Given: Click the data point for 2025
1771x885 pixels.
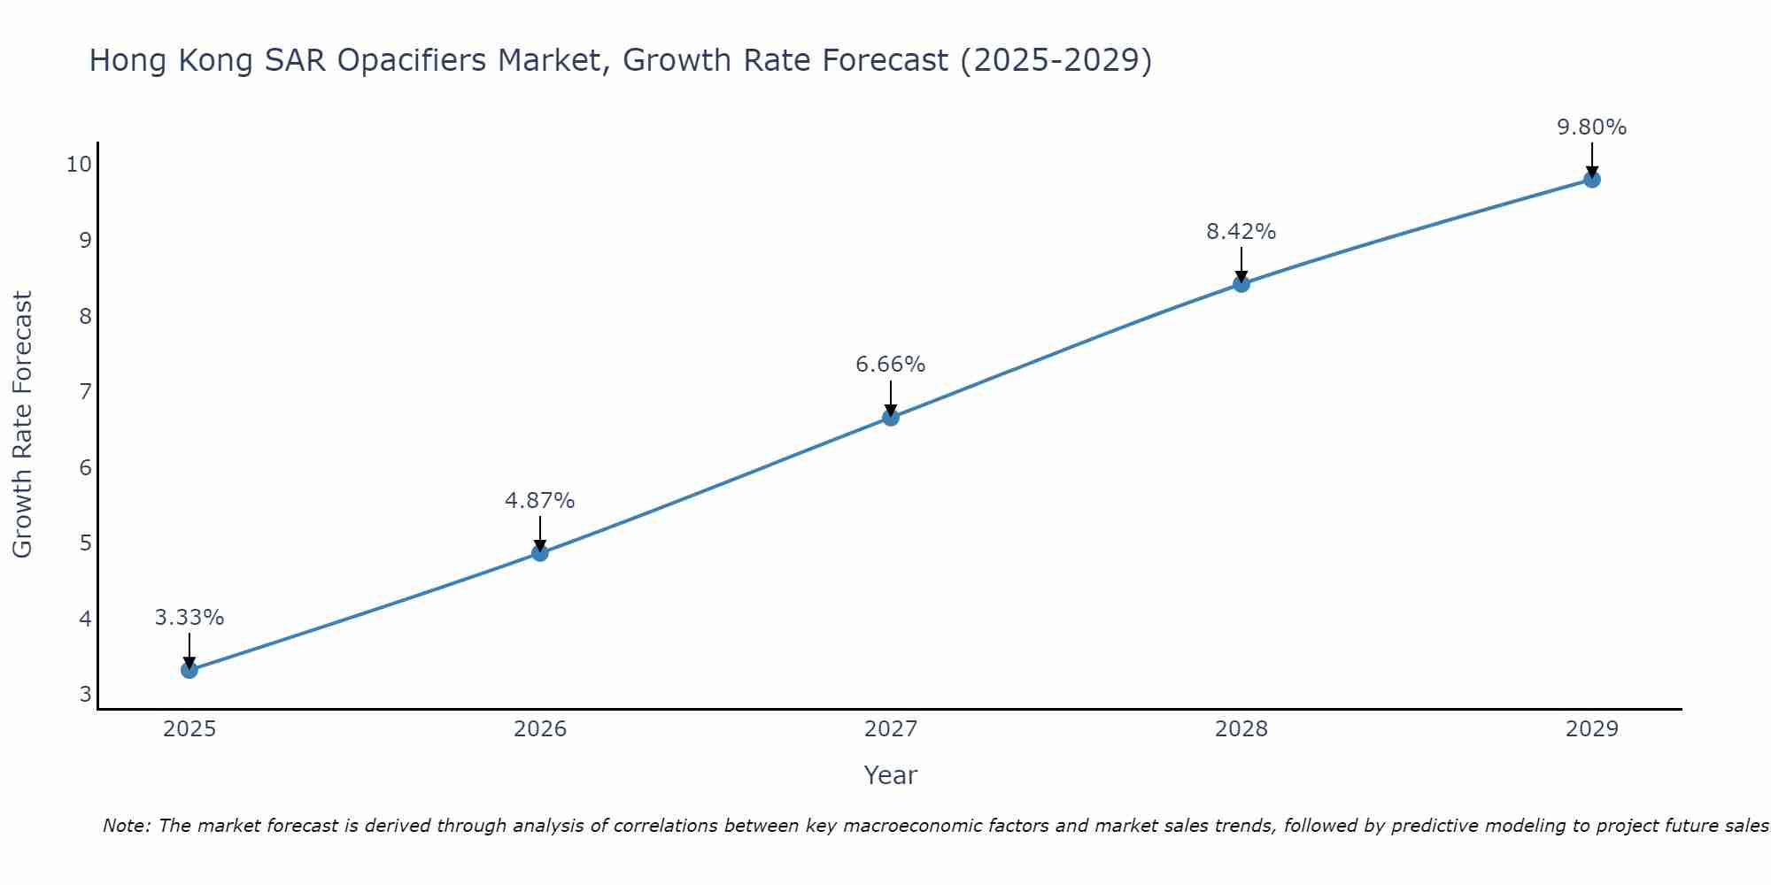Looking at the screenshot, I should [x=189, y=670].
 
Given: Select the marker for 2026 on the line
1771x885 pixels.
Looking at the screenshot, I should [x=540, y=553].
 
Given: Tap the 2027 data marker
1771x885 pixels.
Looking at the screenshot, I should [x=891, y=417].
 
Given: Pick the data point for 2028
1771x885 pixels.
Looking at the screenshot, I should [x=1241, y=283].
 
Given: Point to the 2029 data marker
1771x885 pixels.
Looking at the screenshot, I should [x=1592, y=180].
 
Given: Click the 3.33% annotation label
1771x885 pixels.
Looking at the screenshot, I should [x=189, y=618].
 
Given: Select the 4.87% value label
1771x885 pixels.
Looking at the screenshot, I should [x=540, y=501].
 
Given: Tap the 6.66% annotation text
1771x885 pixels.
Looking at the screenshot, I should [x=891, y=365].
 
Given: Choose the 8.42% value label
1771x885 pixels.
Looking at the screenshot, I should [x=1241, y=232].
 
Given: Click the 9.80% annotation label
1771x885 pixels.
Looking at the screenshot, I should [x=1592, y=127].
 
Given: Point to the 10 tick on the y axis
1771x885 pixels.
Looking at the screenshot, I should [x=79, y=164].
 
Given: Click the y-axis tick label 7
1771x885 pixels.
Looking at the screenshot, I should [x=86, y=391].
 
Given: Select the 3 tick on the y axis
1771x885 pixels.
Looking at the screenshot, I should [x=86, y=694].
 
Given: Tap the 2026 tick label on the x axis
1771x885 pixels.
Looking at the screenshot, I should [x=540, y=729].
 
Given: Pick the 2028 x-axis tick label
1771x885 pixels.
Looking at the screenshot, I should [x=1241, y=729].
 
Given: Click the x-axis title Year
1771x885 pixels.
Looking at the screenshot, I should [x=891, y=775].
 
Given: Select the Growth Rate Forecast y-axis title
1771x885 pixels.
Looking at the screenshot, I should [x=23, y=424].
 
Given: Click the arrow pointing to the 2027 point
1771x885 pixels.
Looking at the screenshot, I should [x=891, y=398].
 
